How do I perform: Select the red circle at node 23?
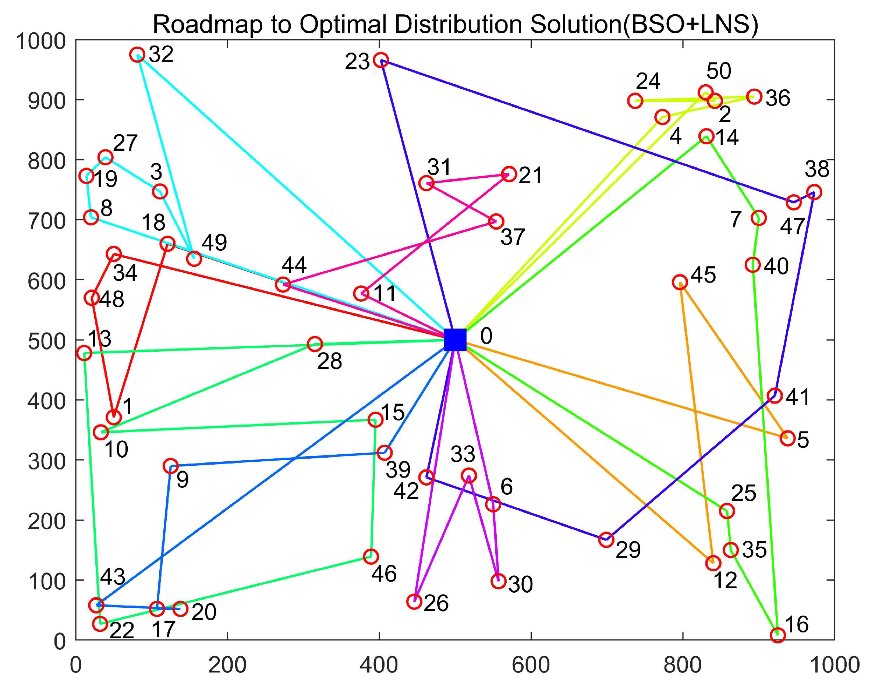click(381, 60)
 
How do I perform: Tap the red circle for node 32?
click(137, 54)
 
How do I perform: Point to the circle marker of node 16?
click(777, 635)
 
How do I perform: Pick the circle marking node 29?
click(606, 539)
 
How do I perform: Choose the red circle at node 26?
click(414, 601)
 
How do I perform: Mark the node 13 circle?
click(84, 352)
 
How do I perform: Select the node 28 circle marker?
click(315, 344)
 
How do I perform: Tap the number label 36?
click(777, 99)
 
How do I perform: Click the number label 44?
click(294, 265)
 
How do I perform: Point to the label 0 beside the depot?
click(486, 336)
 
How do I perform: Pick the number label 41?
click(797, 397)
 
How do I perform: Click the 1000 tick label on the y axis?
click(40, 41)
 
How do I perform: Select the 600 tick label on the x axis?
click(531, 665)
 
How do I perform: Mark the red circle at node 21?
click(509, 174)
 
